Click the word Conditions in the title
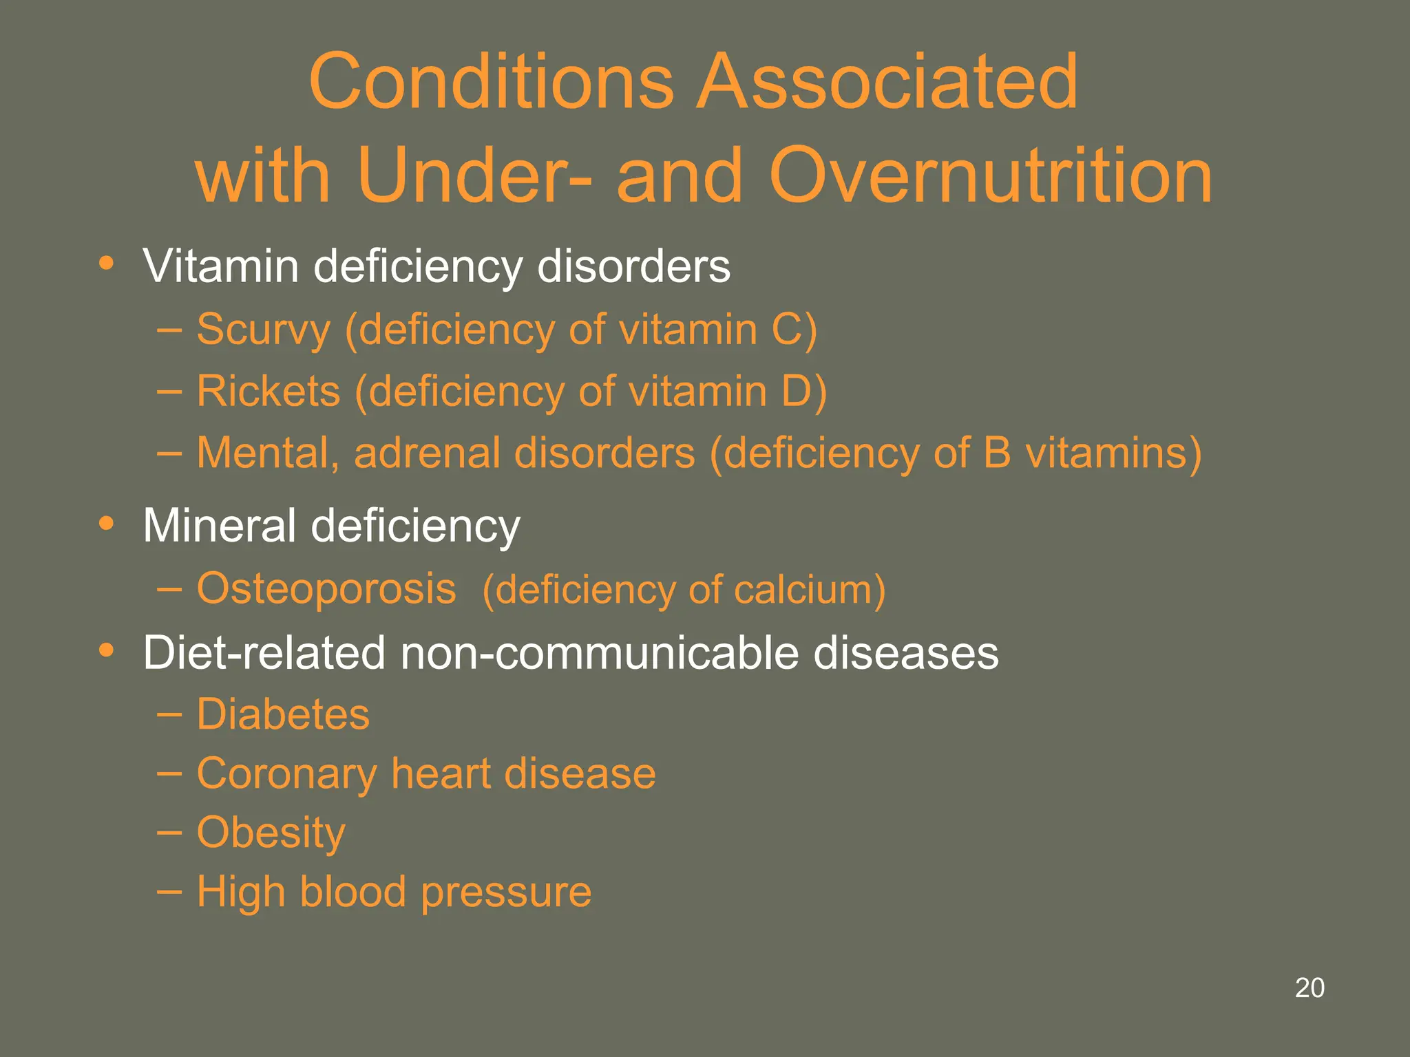pyautogui.click(x=491, y=82)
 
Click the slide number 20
pyautogui.click(x=1309, y=987)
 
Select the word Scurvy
pyautogui.click(x=264, y=330)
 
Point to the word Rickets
pyautogui.click(x=269, y=392)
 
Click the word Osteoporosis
pyautogui.click(x=326, y=589)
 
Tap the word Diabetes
pyautogui.click(x=283, y=714)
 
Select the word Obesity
pyautogui.click(x=271, y=833)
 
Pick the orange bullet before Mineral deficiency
pyautogui.click(x=106, y=524)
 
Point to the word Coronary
pyautogui.click(x=286, y=774)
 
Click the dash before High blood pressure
pyautogui.click(x=169, y=892)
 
